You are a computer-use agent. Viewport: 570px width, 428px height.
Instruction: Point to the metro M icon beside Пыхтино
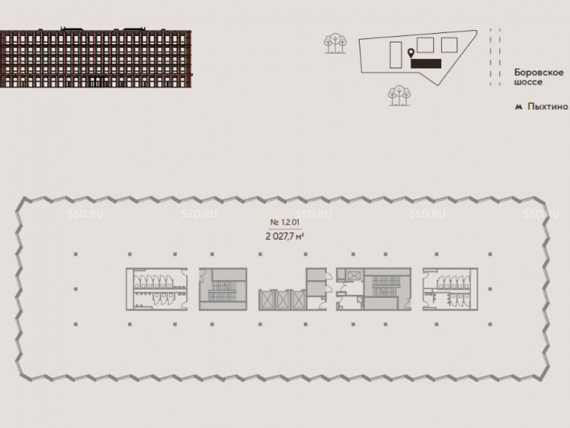[518, 106]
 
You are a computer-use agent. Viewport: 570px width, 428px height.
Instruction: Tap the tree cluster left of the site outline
[335, 43]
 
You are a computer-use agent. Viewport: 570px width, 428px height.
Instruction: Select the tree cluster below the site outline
[400, 95]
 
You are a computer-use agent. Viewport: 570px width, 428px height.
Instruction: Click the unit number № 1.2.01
[284, 223]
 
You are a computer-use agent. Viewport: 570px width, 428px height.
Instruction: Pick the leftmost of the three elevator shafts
[267, 300]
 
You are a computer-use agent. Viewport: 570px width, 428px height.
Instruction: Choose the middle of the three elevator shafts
[283, 300]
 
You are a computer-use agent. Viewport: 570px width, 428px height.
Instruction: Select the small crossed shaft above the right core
[353, 276]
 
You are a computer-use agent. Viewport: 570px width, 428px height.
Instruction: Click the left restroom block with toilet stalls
[157, 289]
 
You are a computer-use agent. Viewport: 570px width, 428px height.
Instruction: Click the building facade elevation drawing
[96, 59]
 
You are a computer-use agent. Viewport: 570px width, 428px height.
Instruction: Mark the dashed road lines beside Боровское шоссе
[495, 57]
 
